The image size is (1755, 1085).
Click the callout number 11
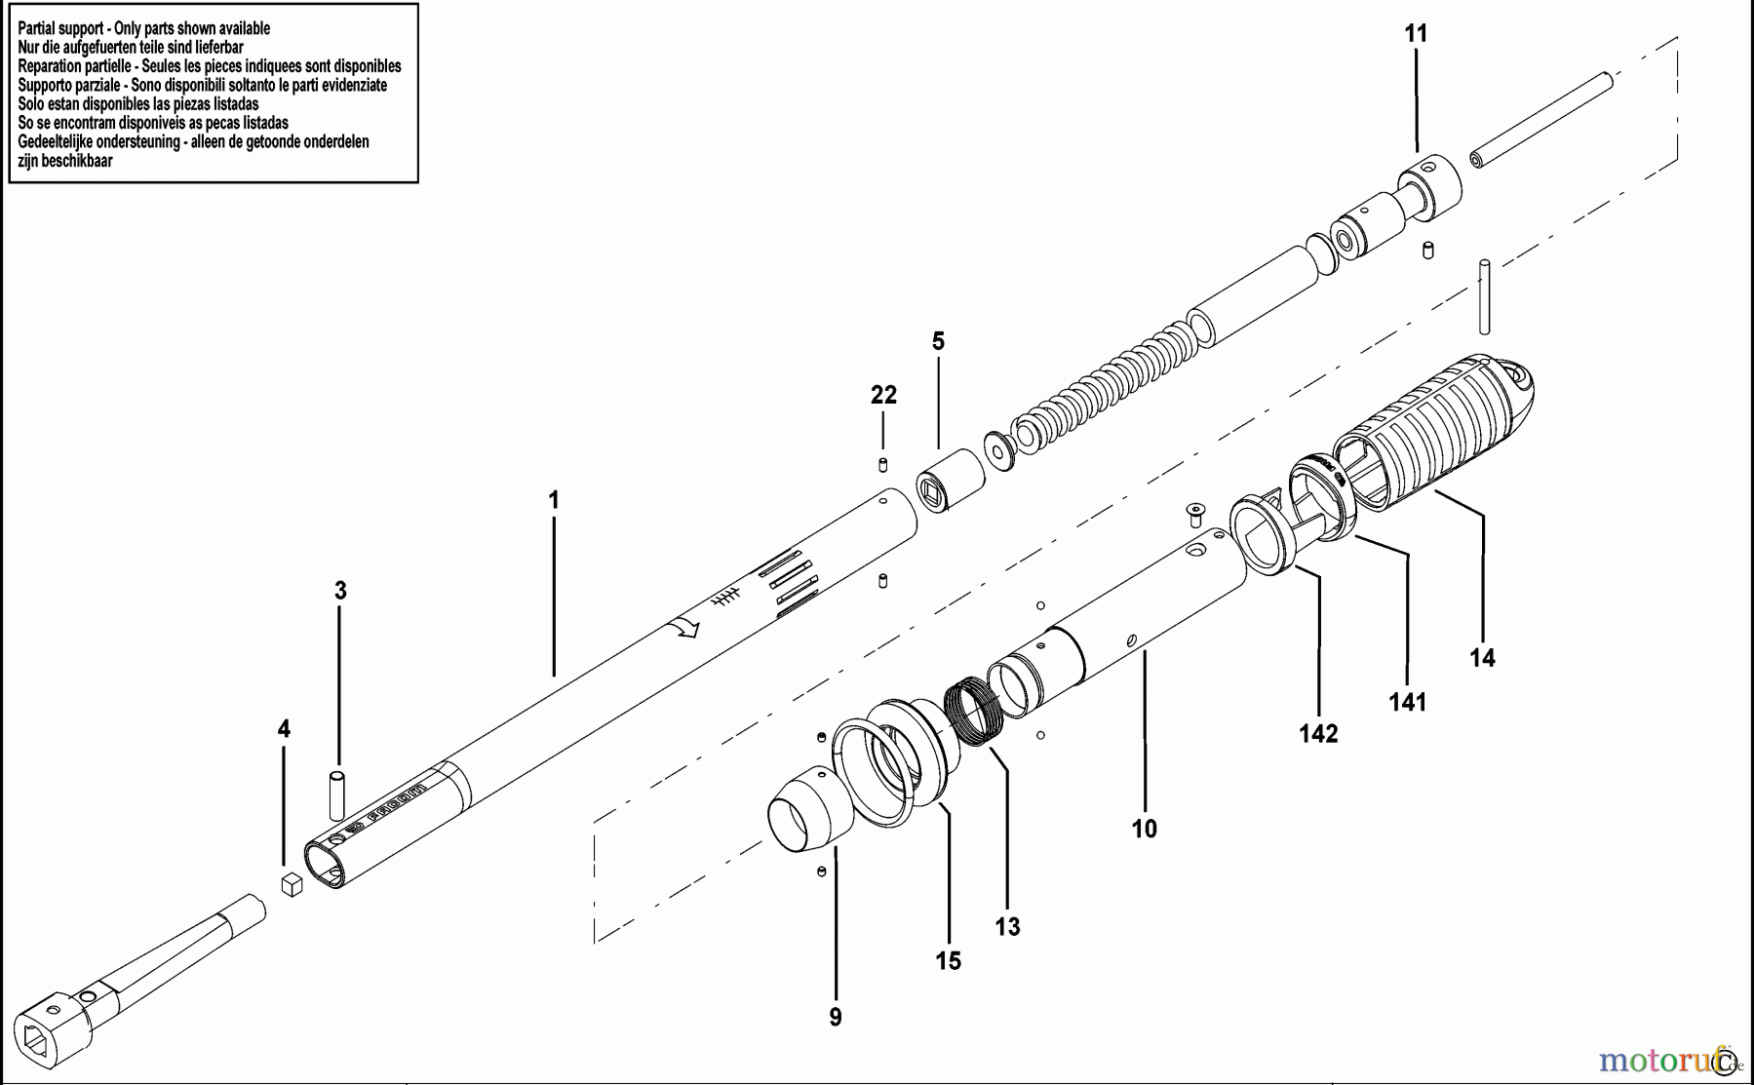[1416, 34]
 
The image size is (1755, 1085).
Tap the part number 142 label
[1318, 733]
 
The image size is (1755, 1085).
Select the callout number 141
[1407, 702]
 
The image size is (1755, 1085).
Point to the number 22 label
[883, 395]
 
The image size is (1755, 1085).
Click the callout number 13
[1007, 926]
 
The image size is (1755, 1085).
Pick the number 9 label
[836, 1018]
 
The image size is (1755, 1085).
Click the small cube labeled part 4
[292, 884]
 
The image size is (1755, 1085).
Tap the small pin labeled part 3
[337, 795]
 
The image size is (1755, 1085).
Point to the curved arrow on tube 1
[688, 628]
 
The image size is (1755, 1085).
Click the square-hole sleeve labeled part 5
[951, 479]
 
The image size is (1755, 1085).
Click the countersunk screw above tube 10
[1196, 510]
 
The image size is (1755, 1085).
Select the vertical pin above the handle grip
[1484, 295]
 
